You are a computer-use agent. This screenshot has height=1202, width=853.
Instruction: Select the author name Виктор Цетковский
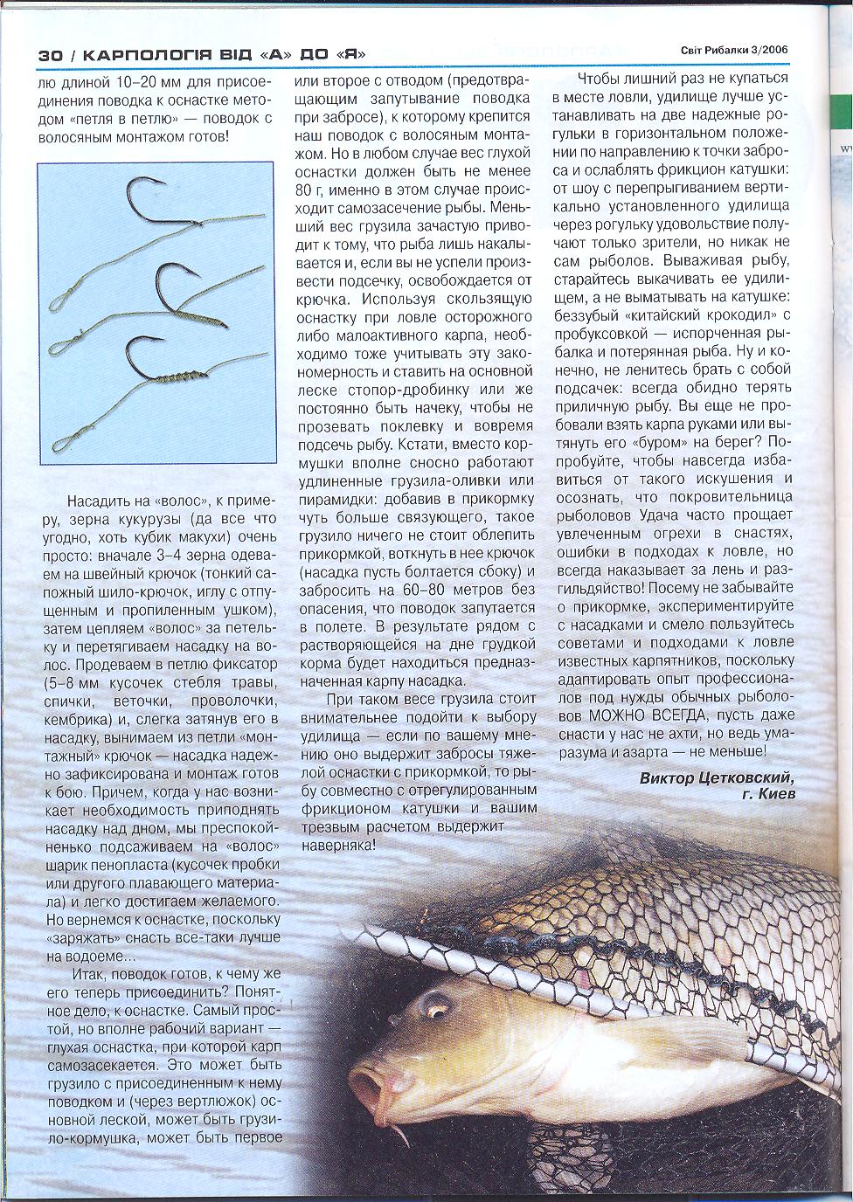(x=716, y=777)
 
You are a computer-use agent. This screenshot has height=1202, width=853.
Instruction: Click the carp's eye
(x=434, y=1005)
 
